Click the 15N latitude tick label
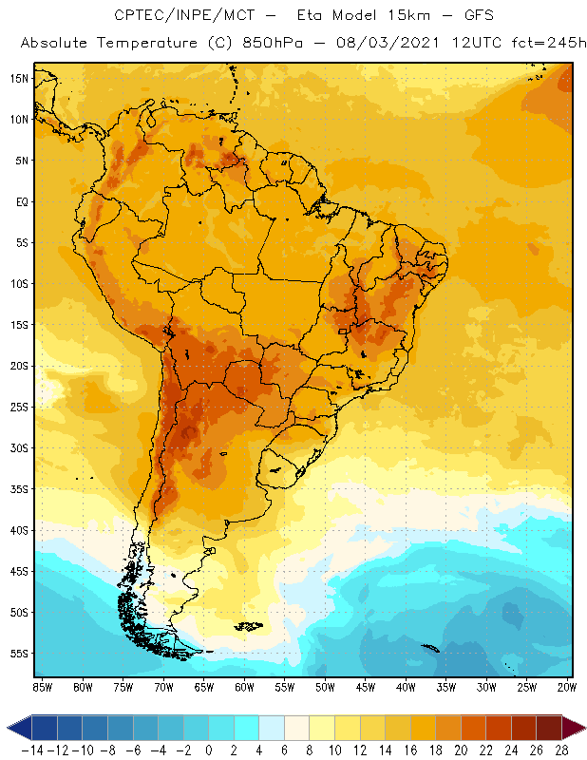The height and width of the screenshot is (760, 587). (19, 78)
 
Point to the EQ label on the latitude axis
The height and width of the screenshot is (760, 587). (20, 201)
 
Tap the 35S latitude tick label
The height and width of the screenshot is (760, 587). (19, 489)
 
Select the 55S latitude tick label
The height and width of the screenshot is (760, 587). (19, 654)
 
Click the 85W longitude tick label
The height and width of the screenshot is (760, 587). (42, 686)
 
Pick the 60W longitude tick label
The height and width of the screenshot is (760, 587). (245, 686)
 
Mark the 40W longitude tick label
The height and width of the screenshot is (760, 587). (407, 686)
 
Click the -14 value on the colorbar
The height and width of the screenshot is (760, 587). (32, 750)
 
